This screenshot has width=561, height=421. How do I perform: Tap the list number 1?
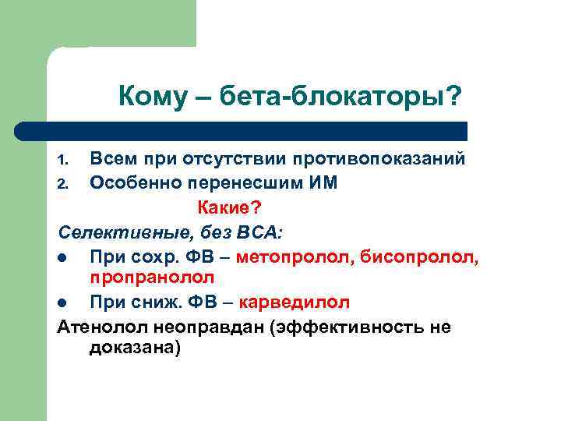click(x=65, y=161)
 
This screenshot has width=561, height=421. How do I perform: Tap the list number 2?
click(x=65, y=185)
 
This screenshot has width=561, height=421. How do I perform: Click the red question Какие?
click(x=231, y=207)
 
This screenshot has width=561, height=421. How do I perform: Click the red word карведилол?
click(x=295, y=302)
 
